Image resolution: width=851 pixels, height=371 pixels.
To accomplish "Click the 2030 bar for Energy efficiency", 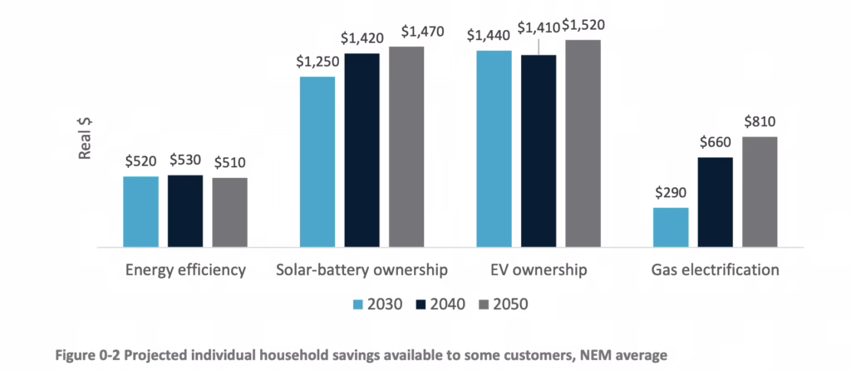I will [140, 211].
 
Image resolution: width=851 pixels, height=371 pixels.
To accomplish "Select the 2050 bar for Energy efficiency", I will [229, 212].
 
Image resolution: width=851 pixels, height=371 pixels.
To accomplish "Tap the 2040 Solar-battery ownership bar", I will [362, 150].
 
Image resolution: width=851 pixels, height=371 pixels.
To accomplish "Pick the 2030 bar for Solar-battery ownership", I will [317, 161].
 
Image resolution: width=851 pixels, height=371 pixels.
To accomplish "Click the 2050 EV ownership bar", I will [583, 143].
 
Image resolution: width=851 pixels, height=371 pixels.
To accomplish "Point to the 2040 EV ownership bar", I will [539, 151].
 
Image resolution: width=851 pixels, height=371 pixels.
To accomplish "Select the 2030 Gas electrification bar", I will [671, 227].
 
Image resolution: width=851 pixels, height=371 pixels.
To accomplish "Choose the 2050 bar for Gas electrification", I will [760, 191].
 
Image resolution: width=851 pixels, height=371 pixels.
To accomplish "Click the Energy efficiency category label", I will [185, 270].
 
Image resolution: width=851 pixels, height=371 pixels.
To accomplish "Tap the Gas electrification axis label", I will [715, 270].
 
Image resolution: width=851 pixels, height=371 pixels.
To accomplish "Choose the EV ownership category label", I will [539, 270].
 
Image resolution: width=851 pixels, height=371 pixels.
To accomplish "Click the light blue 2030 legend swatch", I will [358, 304].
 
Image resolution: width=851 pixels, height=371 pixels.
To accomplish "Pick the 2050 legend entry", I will [501, 304].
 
